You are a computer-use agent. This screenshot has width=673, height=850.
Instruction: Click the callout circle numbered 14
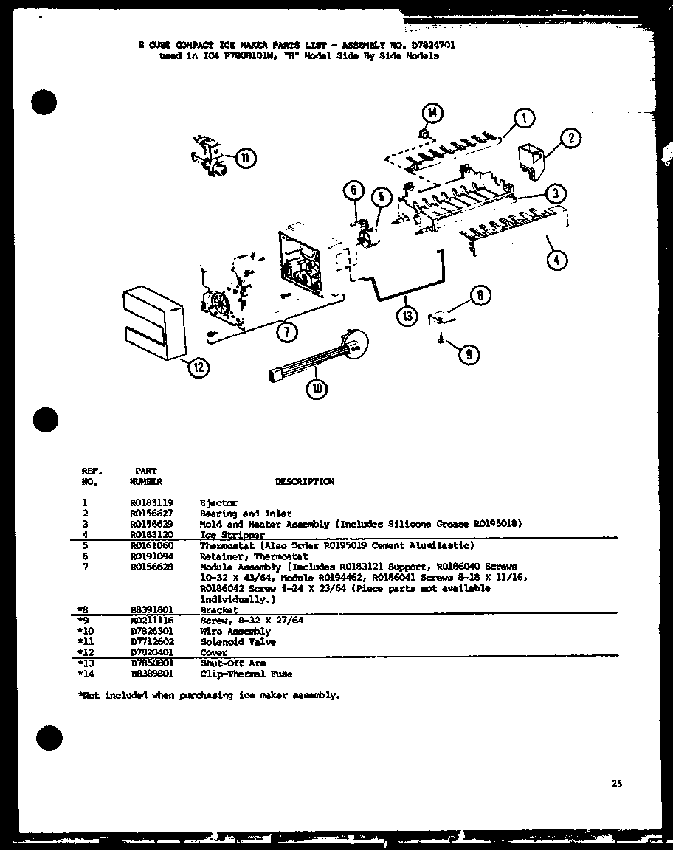pyautogui.click(x=431, y=114)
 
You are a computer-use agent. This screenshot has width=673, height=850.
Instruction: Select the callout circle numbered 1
pyautogui.click(x=523, y=118)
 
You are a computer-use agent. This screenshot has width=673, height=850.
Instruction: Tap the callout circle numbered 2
pyautogui.click(x=571, y=138)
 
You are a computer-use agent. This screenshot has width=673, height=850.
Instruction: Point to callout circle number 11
pyautogui.click(x=246, y=158)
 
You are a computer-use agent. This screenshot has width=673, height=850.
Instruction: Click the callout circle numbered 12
pyautogui.click(x=198, y=367)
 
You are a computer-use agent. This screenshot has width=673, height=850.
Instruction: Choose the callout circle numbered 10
pyautogui.click(x=318, y=390)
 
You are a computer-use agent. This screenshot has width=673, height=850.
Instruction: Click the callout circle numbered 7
pyautogui.click(x=288, y=331)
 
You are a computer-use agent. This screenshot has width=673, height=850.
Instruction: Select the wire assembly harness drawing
pyautogui.click(x=317, y=357)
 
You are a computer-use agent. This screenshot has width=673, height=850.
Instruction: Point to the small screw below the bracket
pyautogui.click(x=441, y=339)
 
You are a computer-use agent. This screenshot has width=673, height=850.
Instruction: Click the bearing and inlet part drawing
pyautogui.click(x=531, y=160)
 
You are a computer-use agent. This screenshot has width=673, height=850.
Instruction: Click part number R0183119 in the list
pyautogui.click(x=151, y=502)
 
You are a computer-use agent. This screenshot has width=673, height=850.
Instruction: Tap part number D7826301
pyautogui.click(x=151, y=632)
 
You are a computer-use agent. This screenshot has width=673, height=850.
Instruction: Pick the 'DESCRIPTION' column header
pyautogui.click(x=304, y=481)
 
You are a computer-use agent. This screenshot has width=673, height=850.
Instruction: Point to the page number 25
pyautogui.click(x=616, y=784)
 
